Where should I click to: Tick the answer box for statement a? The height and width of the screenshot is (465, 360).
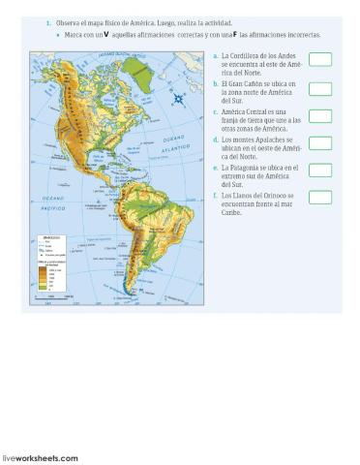320,60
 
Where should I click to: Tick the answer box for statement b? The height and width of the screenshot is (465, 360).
320,88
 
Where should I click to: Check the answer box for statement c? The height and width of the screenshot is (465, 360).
320,116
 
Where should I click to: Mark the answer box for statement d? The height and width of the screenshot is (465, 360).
320,143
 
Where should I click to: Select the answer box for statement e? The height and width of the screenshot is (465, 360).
320,170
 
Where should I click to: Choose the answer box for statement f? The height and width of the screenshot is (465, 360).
320,198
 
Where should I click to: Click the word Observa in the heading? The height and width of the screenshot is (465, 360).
67,21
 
